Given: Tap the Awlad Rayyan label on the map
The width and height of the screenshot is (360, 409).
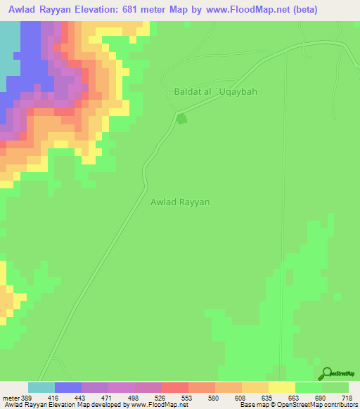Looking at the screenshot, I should pos(181,202).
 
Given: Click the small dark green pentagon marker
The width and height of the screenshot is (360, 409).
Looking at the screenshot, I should pos(182,119).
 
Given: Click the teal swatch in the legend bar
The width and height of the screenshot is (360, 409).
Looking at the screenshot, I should pos(41,387).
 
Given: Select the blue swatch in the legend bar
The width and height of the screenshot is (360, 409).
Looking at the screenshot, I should pos(68,387).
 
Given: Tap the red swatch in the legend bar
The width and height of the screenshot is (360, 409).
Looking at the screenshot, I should pos(175,387).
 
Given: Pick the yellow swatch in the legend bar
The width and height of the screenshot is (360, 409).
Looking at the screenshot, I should pos(282,387).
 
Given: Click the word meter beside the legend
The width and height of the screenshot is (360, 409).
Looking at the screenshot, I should pos(11,398).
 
